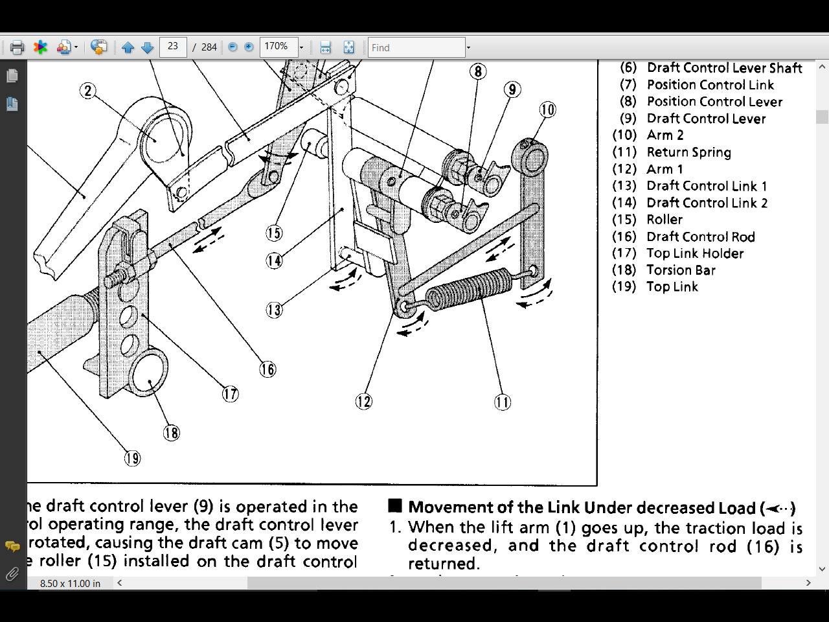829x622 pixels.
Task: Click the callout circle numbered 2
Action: click(88, 91)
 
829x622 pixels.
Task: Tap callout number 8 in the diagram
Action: click(477, 71)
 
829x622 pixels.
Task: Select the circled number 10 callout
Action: click(547, 109)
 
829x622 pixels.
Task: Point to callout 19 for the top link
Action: click(132, 459)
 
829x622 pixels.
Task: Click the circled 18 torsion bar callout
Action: click(171, 433)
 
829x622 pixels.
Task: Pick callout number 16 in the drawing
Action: click(267, 369)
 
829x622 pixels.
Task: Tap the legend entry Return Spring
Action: click(688, 152)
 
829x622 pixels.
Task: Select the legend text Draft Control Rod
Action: click(700, 236)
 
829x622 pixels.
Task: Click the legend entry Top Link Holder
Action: click(695, 253)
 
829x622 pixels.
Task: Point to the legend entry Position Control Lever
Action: click(714, 102)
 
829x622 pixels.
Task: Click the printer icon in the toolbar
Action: click(17, 47)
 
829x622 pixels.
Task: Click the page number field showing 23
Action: click(173, 47)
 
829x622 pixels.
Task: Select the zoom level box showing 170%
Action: click(278, 47)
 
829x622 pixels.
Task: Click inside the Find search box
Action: click(416, 47)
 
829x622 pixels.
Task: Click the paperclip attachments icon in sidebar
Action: click(12, 574)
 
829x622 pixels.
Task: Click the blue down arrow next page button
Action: click(147, 47)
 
